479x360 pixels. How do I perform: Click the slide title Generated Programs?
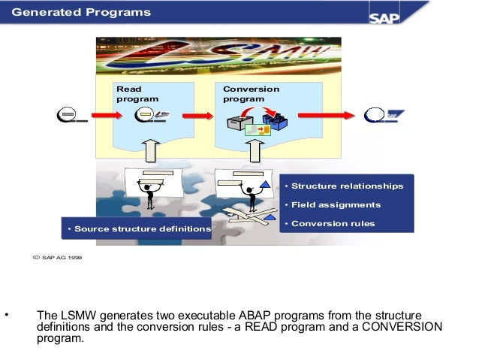(x=81, y=13)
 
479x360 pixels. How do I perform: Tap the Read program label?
(x=134, y=94)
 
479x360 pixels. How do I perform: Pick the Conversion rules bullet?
(x=332, y=223)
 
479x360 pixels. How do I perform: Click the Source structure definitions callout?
(x=138, y=228)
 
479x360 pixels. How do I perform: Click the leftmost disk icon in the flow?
(x=70, y=116)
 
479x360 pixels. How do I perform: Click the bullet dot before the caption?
(x=6, y=314)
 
